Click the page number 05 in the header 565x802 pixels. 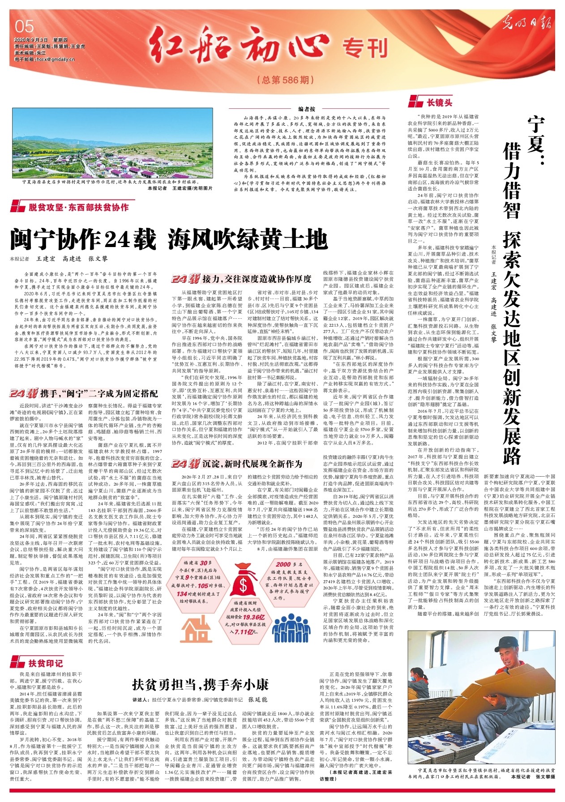pos(24,26)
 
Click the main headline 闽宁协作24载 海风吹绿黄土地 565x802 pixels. pos(169,239)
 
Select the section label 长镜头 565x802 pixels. pos(439,102)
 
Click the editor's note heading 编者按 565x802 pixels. pos(307,109)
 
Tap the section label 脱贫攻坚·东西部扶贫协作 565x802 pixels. pos(78,207)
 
